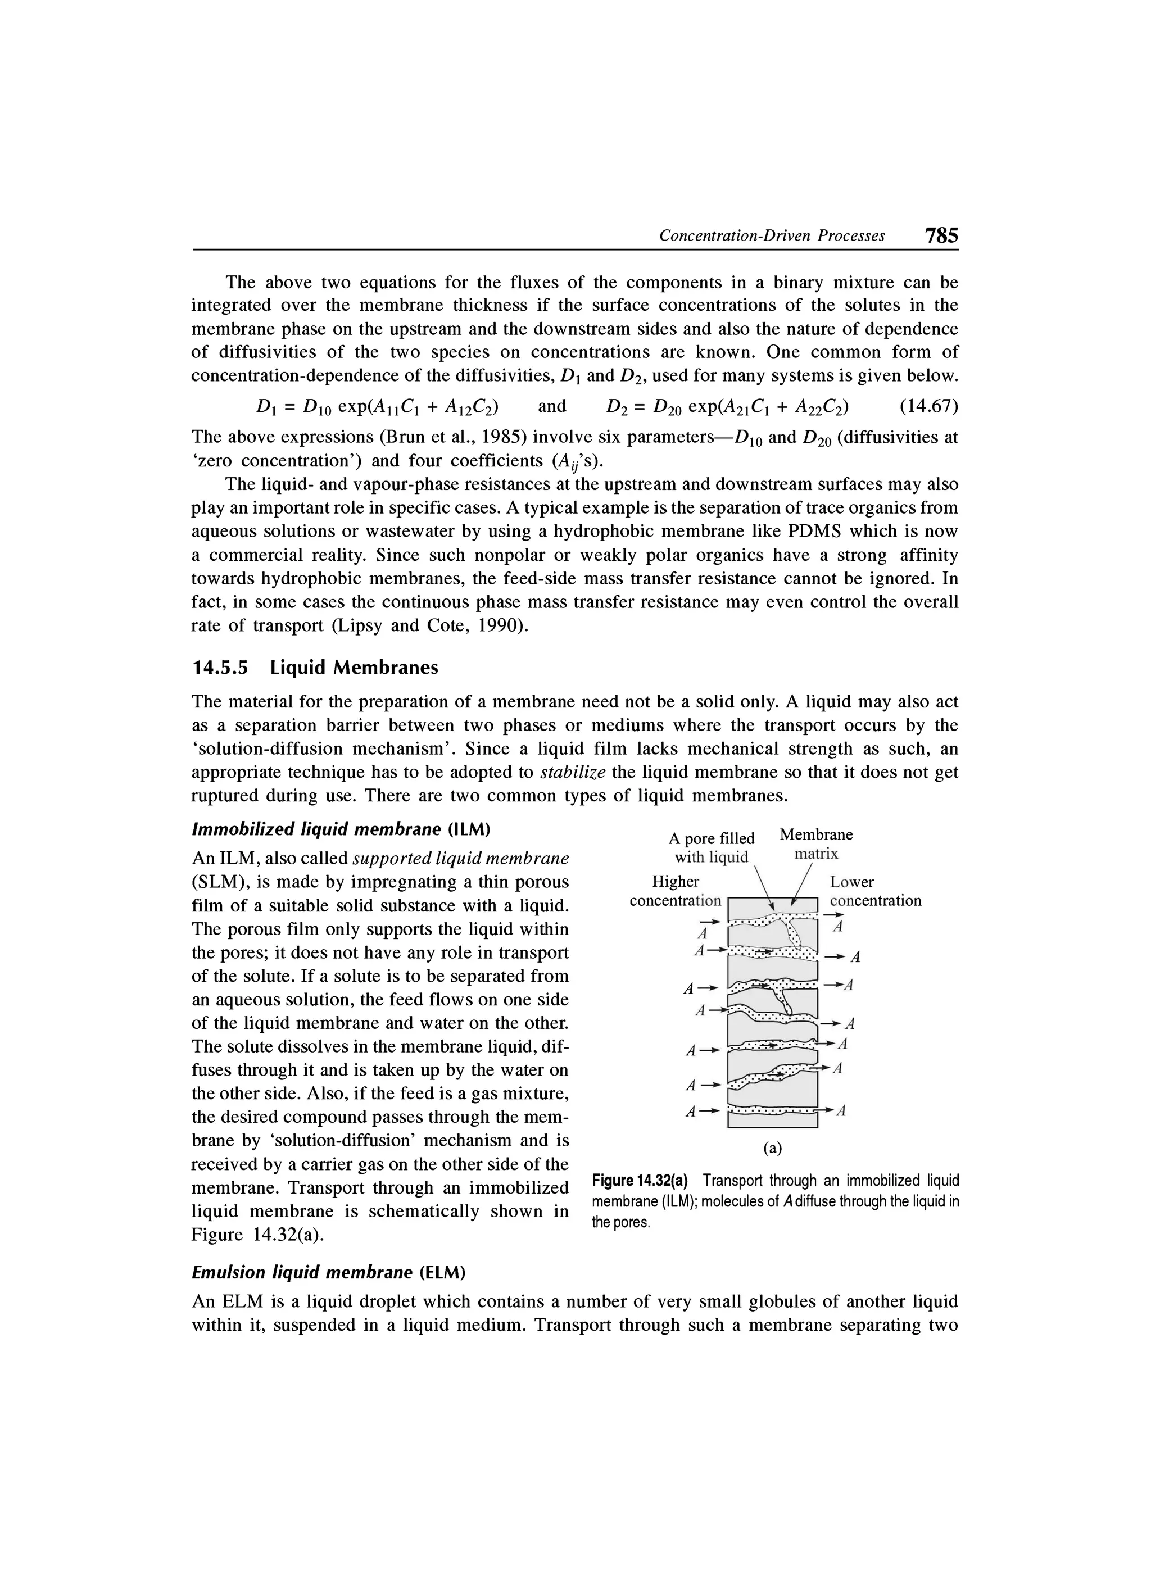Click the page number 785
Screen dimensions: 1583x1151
tap(941, 235)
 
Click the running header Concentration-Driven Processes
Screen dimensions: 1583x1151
tap(772, 236)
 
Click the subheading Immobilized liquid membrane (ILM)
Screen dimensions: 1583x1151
tap(341, 829)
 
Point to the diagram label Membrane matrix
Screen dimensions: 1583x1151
tap(816, 844)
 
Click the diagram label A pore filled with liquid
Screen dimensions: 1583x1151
tap(712, 847)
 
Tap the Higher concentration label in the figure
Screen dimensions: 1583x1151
tap(675, 891)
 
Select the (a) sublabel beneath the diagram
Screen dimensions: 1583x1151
tap(772, 1147)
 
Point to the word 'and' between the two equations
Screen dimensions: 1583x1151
tap(552, 406)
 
